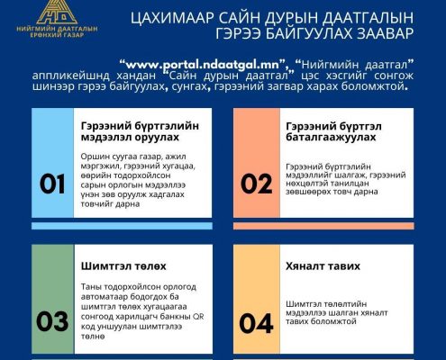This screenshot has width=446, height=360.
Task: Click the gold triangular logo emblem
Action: point(57,12)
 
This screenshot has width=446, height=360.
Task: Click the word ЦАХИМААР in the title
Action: point(172,18)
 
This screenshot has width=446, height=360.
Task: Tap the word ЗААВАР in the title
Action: point(385,33)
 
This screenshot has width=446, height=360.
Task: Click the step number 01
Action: point(52,184)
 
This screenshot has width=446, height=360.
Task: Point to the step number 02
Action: point(257,184)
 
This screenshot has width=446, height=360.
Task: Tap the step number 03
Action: point(52,321)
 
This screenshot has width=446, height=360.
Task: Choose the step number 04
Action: point(257,323)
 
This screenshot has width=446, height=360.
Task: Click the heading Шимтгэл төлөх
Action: point(123,266)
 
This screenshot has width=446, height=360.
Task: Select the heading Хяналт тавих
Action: point(323,266)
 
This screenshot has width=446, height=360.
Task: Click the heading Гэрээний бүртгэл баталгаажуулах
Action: point(333,131)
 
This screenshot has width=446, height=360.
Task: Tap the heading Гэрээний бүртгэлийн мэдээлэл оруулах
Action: point(140,131)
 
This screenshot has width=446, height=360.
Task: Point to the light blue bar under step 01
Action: point(122,226)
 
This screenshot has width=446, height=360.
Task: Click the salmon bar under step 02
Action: point(323,226)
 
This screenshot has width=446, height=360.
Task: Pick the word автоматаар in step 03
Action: point(105,297)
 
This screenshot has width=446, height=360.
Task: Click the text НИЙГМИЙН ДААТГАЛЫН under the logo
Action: point(57,29)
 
